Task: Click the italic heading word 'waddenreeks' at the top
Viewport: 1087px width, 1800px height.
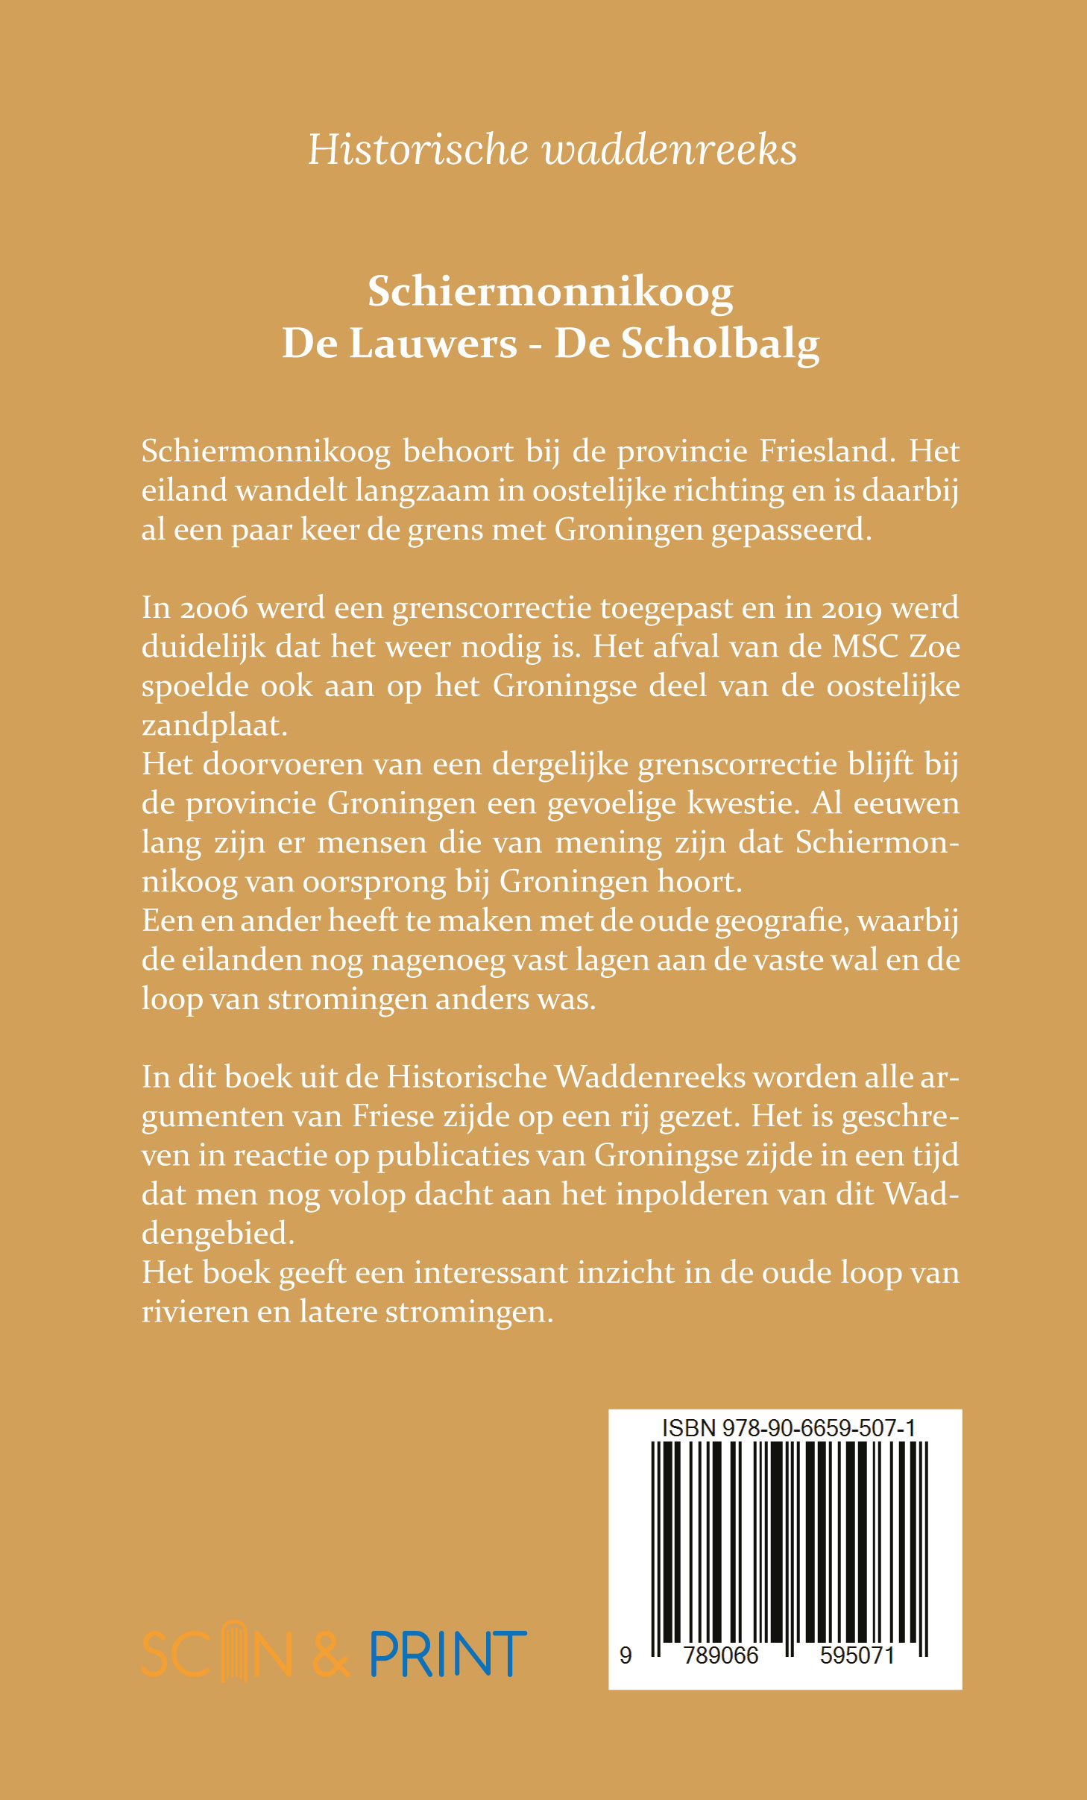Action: click(x=669, y=149)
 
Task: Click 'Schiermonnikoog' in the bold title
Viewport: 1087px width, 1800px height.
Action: click(x=550, y=291)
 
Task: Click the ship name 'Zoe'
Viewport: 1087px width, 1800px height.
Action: click(x=935, y=647)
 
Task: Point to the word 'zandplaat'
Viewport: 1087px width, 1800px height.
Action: click(x=214, y=725)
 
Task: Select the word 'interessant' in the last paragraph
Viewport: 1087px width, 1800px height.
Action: click(x=491, y=1273)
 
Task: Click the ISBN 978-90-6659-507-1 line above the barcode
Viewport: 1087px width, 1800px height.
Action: click(x=789, y=1428)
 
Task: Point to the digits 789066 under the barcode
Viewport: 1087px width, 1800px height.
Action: click(x=721, y=1655)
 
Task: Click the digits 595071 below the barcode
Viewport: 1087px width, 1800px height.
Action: click(x=857, y=1655)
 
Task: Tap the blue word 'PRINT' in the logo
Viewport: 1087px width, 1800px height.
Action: click(x=448, y=1654)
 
